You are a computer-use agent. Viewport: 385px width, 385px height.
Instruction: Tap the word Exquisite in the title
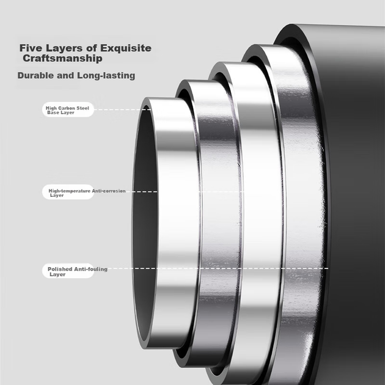125,48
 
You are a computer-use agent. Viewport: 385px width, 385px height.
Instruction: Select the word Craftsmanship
62,59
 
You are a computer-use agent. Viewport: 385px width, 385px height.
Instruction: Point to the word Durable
35,75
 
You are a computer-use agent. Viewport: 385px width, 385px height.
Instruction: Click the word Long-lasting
106,76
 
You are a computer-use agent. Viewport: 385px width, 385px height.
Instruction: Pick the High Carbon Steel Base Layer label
67,110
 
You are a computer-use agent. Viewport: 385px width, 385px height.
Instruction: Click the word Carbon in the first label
66,108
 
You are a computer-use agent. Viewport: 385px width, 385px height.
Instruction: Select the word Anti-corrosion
109,191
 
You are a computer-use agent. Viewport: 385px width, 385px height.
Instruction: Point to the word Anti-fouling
91,269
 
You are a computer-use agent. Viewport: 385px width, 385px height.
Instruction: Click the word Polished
60,269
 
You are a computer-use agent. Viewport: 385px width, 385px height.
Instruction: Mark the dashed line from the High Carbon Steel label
122,109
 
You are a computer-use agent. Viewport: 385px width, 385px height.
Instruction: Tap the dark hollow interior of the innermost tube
145,221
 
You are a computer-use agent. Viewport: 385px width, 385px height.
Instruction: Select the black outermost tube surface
354,196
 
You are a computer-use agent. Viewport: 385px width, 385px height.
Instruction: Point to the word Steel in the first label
83,108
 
